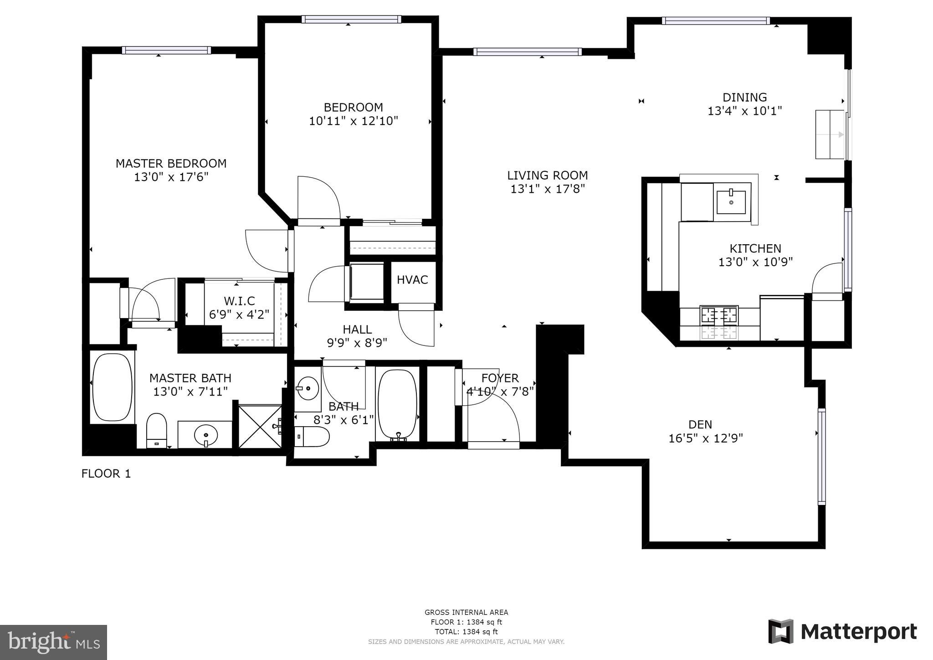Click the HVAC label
[x=412, y=279]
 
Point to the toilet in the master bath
[x=156, y=430]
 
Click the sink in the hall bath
[x=307, y=388]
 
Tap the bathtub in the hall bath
[x=397, y=405]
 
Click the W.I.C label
[x=239, y=301]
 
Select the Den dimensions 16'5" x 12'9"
[x=705, y=438]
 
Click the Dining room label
[x=744, y=97]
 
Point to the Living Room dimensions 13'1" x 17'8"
[x=547, y=189]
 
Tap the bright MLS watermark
[x=54, y=643]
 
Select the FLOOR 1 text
[x=106, y=474]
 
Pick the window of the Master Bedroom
[x=166, y=50]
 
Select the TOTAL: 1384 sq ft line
[x=466, y=632]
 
